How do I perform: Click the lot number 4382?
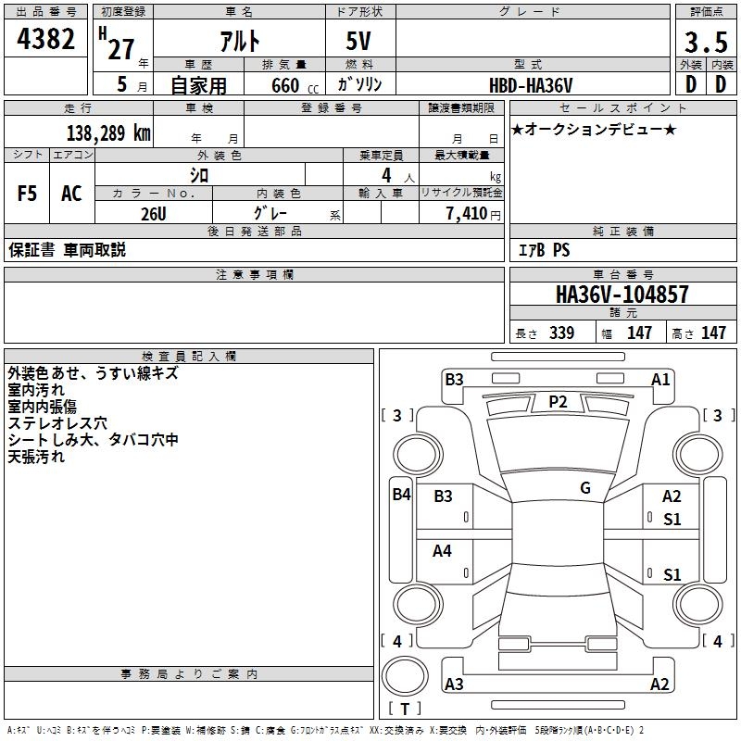tap(45, 39)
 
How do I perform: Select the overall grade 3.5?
tap(706, 43)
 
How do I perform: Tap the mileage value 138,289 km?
tap(108, 133)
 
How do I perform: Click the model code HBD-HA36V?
tap(531, 85)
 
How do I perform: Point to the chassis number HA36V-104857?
tap(622, 295)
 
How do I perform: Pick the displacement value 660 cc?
tap(295, 85)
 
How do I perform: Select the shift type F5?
tap(27, 194)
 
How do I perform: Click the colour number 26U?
tap(154, 214)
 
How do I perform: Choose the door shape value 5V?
tap(358, 41)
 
